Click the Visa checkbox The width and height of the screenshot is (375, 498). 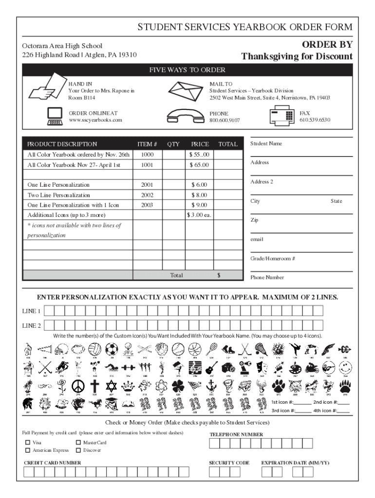[x=27, y=443]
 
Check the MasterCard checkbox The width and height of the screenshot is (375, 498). [x=78, y=443]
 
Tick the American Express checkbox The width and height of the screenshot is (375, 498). [x=27, y=450]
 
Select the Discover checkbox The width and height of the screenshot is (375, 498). [x=78, y=450]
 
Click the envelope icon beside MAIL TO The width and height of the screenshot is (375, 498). [x=187, y=90]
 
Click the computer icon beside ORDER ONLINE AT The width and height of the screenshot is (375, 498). [x=54, y=116]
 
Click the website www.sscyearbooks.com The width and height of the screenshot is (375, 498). [x=95, y=120]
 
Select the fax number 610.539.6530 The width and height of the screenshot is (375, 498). [x=315, y=120]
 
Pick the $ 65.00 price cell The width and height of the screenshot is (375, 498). [x=200, y=165]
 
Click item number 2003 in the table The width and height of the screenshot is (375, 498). [x=147, y=205]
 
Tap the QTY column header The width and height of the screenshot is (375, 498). [x=173, y=144]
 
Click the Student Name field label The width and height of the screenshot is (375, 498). [x=266, y=144]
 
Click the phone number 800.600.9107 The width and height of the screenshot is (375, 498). [x=225, y=120]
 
